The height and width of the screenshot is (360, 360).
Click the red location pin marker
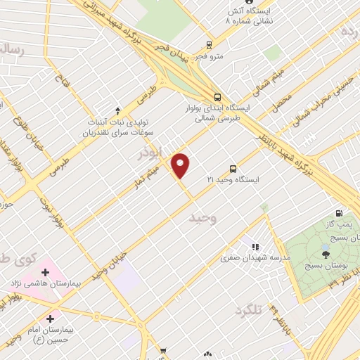(x=181, y=165)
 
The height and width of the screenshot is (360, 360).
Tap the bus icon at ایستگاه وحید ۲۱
(x=233, y=169)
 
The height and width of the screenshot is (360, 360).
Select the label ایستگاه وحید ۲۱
(x=233, y=181)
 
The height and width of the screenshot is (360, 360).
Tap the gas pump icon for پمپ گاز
(x=340, y=214)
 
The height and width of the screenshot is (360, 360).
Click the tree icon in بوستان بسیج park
(x=325, y=255)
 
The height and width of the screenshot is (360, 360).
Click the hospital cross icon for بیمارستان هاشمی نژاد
(x=46, y=271)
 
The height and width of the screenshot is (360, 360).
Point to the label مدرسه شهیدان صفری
(x=245, y=258)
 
